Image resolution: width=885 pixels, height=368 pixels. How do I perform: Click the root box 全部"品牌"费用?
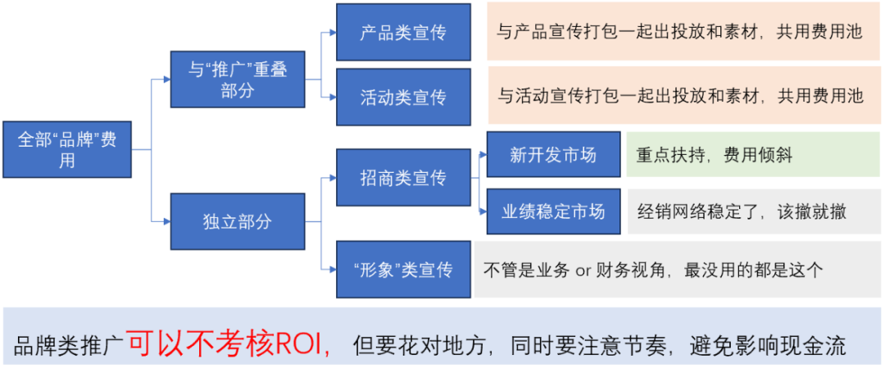[67, 149]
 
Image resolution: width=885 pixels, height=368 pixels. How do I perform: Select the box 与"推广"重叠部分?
[238, 80]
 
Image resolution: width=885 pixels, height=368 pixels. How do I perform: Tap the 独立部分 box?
[238, 221]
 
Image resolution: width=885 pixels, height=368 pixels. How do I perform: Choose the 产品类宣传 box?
[403, 32]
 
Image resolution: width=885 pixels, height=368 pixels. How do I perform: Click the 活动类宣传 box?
[403, 97]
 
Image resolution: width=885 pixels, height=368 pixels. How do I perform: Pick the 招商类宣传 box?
[403, 177]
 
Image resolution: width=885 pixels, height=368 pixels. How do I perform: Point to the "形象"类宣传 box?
[403, 269]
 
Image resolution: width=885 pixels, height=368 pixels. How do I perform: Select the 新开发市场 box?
[553, 155]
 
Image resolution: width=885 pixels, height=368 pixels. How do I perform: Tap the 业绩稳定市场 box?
[553, 211]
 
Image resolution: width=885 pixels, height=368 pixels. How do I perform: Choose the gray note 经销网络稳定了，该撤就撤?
[754, 211]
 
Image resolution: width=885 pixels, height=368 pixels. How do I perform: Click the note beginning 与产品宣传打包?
[683, 31]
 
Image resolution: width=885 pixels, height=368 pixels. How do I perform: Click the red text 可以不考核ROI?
[229, 342]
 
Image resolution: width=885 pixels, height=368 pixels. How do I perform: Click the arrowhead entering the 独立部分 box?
[166, 220]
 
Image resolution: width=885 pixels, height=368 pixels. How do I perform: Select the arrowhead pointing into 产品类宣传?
[333, 32]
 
